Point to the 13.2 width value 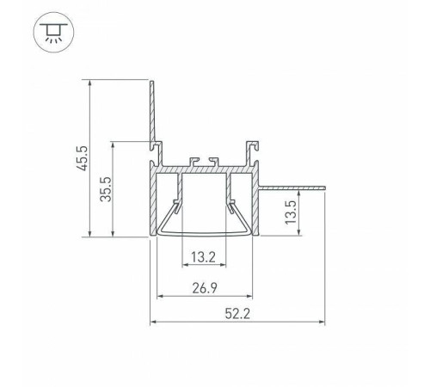tap(204, 256)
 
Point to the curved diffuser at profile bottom tap(205, 232)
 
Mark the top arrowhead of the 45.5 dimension tap(90, 84)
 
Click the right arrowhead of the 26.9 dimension tap(253, 296)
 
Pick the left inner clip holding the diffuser tap(176, 206)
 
